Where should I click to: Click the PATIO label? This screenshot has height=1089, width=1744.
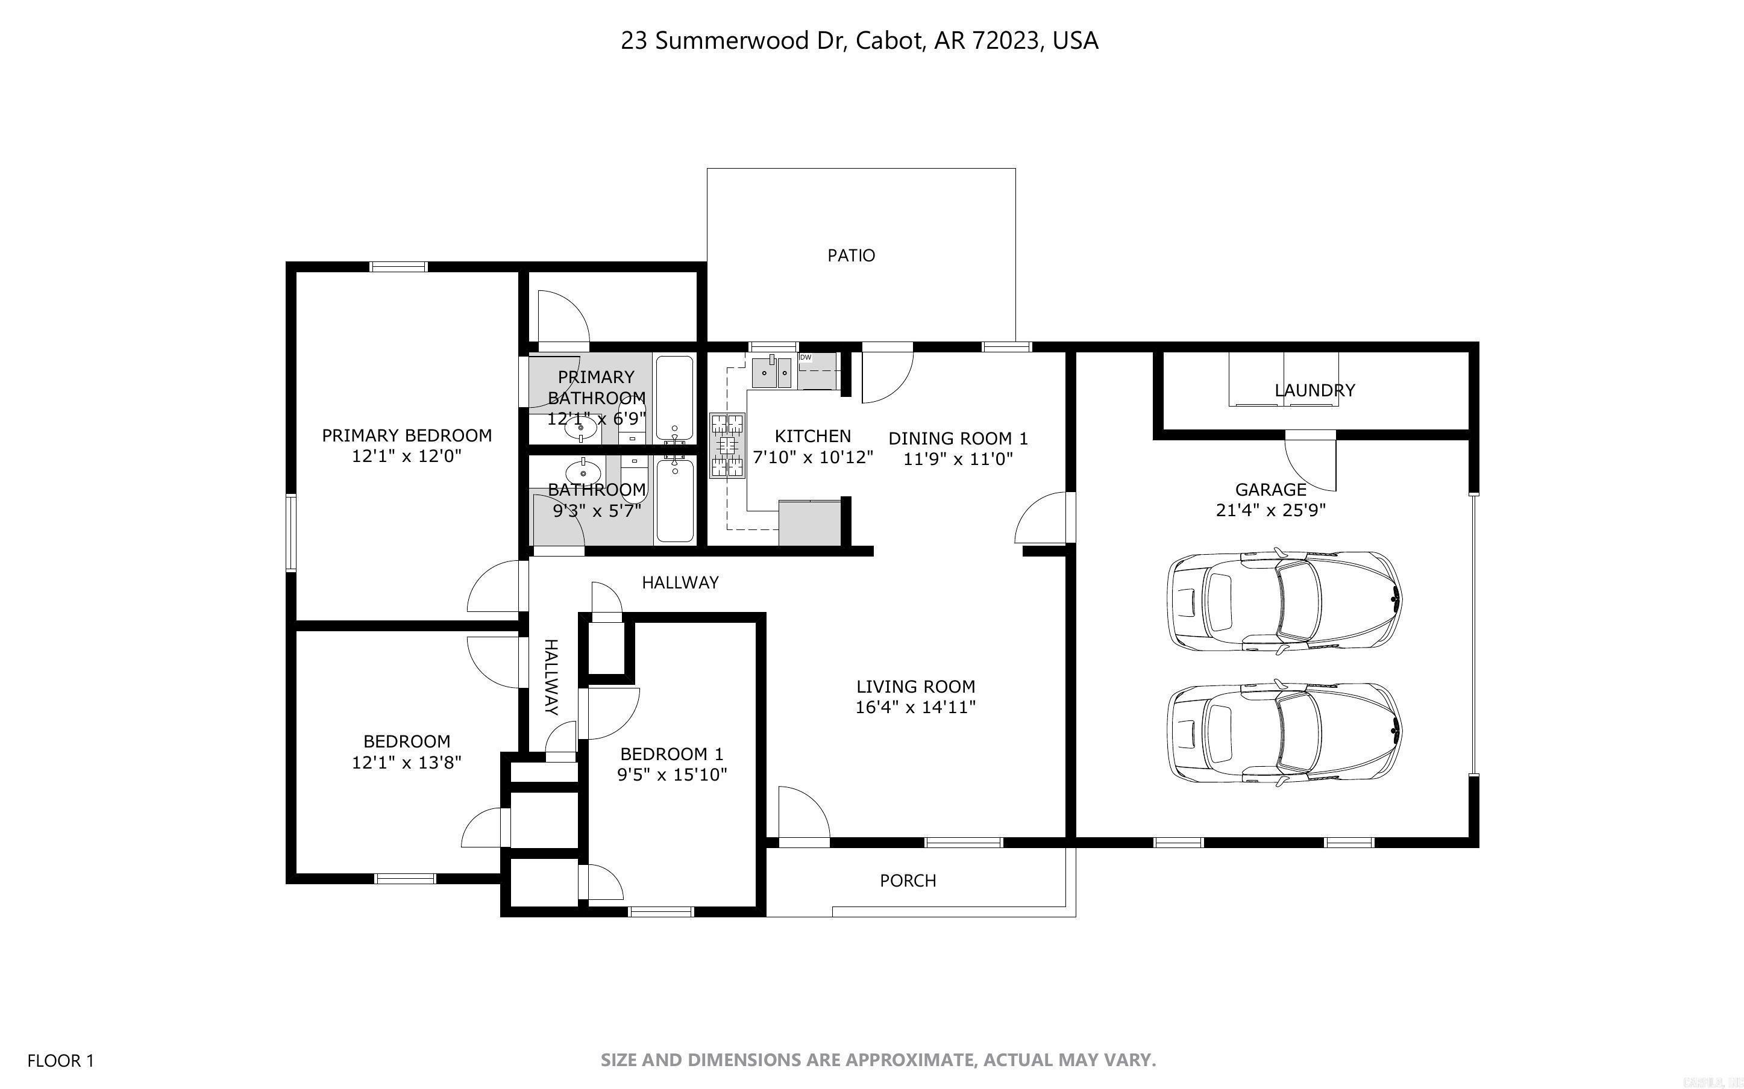point(851,255)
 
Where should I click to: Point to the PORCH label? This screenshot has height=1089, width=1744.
point(908,880)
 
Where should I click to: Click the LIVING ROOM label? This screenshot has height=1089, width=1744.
point(915,687)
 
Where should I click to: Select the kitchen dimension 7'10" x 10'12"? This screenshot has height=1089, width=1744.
point(812,457)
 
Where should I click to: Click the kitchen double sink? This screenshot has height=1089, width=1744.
point(771,372)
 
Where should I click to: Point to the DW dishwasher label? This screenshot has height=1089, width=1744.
point(805,357)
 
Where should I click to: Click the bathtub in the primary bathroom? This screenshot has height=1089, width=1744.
point(675,398)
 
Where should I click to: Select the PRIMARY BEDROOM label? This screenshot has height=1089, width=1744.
point(406,435)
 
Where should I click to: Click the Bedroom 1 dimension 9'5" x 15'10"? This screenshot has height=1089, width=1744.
point(671,775)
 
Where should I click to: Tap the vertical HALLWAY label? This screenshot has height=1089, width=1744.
point(550,677)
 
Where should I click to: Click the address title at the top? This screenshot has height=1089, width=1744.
point(859,41)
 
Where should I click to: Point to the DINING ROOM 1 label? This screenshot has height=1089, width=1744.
point(958,438)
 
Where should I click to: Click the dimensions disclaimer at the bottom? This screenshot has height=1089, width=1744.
point(878,1060)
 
